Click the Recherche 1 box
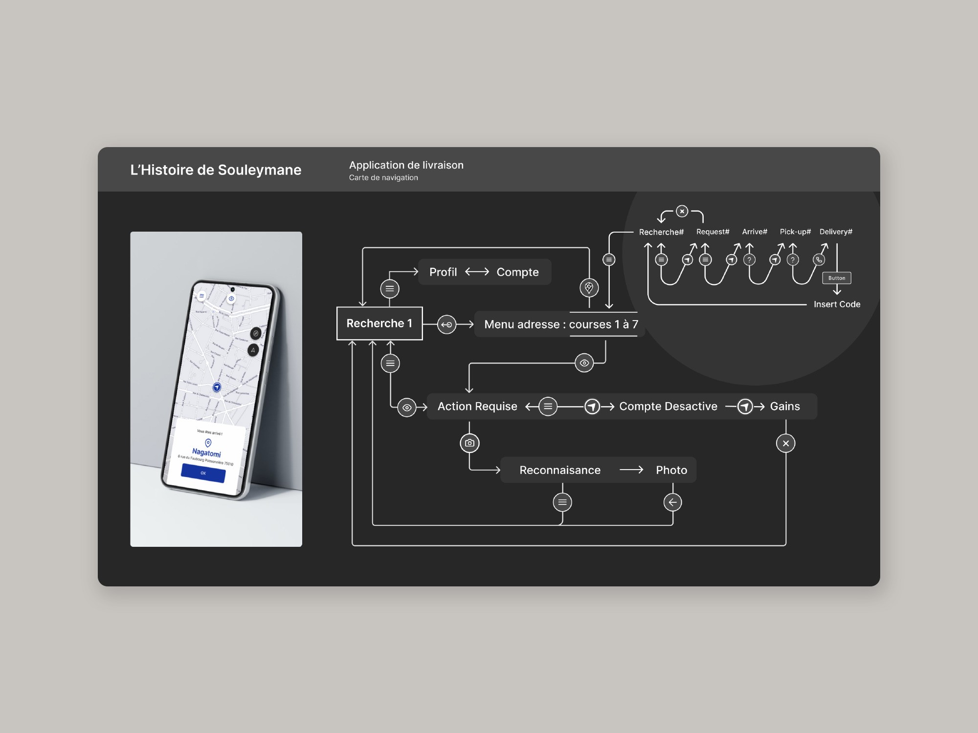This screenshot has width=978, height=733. tap(379, 323)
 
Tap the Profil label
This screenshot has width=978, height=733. tap(443, 272)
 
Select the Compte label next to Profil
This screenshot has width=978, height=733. tap(517, 272)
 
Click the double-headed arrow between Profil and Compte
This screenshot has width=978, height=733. tap(477, 272)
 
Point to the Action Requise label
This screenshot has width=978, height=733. tap(477, 407)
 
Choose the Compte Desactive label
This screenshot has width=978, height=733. tap(668, 407)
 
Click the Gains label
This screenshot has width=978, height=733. tap(785, 407)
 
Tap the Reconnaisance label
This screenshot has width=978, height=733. tap(560, 470)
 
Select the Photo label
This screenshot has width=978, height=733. tap(671, 470)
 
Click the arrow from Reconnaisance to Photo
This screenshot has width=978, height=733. tap(631, 470)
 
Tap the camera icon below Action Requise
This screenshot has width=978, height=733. tap(469, 443)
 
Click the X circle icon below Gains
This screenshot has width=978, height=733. tap(786, 443)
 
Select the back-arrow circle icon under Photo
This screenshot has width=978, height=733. tap(673, 502)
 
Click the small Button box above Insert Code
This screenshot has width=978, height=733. tap(837, 278)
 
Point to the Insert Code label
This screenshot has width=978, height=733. tap(837, 304)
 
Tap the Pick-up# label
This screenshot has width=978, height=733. tap(795, 232)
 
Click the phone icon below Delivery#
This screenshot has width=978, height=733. tap(819, 259)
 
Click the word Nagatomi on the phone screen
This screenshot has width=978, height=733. tap(206, 453)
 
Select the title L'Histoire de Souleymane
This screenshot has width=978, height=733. tap(216, 170)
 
